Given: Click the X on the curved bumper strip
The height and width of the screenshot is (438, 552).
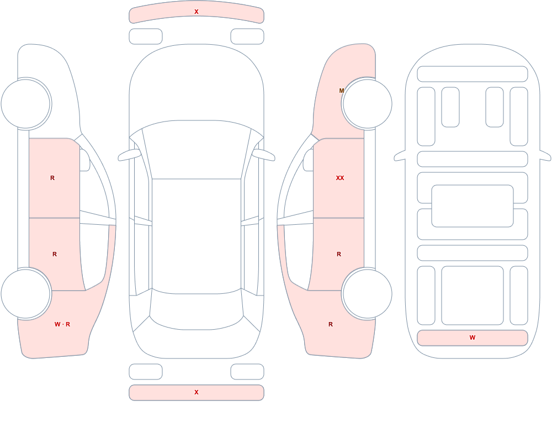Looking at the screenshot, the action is coord(197,12).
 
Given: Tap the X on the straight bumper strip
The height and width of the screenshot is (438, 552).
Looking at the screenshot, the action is coord(197,392).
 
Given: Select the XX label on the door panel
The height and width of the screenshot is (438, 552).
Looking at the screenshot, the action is coord(339,178).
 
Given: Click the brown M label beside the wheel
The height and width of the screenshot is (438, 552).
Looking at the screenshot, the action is coord(342,91).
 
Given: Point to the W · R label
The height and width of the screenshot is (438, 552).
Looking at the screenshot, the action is coord(62,324).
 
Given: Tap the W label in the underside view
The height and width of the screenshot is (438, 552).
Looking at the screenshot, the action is coord(473,337).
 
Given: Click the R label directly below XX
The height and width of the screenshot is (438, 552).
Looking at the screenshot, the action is coord(339,254).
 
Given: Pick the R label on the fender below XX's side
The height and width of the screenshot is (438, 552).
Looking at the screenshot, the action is coord(331,324).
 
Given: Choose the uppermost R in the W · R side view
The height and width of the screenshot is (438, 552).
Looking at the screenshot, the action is coord(52,178).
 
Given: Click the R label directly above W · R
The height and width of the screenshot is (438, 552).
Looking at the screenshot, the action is coord(55,254).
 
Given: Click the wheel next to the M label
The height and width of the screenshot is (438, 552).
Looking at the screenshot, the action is coord(367,104).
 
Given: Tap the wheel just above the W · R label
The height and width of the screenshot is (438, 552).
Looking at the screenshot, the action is coord(26,293).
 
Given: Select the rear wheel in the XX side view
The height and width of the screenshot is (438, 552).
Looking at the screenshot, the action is coord(367,293).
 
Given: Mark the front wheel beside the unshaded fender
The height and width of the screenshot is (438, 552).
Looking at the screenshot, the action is coord(26,104).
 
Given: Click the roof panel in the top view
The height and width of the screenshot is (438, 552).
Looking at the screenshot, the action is coord(197,236).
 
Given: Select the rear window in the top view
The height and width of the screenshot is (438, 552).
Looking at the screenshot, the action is coord(197,310).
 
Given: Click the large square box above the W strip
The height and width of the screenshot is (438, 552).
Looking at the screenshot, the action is coord(473,295).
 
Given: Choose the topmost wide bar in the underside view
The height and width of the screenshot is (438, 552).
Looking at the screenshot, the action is coord(473,74).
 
